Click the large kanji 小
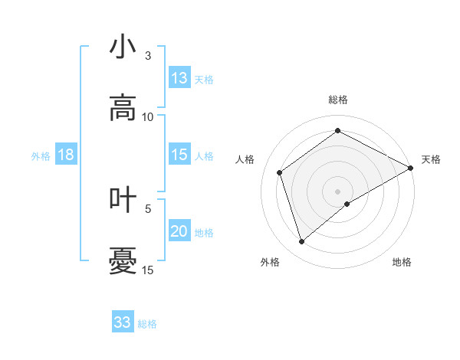click(x=123, y=47)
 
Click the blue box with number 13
click(x=179, y=78)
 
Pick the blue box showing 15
click(x=179, y=155)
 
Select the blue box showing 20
click(x=179, y=231)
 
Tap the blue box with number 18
click(x=66, y=155)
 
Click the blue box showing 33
click(x=123, y=322)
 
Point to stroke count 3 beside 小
click(x=148, y=56)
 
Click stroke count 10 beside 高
click(x=148, y=116)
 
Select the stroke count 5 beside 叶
click(x=148, y=208)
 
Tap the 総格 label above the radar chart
click(x=338, y=100)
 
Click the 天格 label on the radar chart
click(x=431, y=159)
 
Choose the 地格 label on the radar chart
click(x=402, y=263)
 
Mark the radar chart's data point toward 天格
click(x=411, y=168)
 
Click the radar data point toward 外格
click(x=302, y=242)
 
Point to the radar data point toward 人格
click(x=280, y=172)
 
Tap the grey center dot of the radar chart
click(x=338, y=191)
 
